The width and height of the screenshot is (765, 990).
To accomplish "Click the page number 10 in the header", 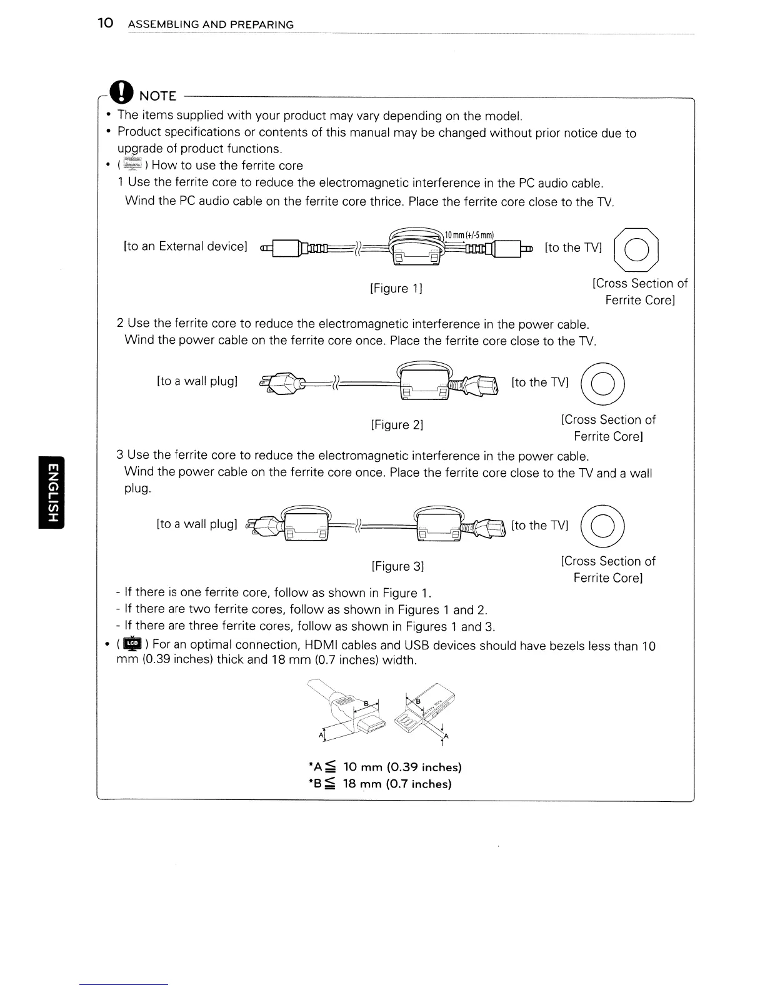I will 105,24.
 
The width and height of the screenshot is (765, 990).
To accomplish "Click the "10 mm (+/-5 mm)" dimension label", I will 469,236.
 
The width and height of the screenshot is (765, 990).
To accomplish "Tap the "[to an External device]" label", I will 186,246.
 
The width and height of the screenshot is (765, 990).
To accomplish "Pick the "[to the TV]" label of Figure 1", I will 573,247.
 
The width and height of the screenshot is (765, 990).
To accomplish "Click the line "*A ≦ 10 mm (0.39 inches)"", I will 385,767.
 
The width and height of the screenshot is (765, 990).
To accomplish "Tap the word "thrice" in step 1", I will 387,201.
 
